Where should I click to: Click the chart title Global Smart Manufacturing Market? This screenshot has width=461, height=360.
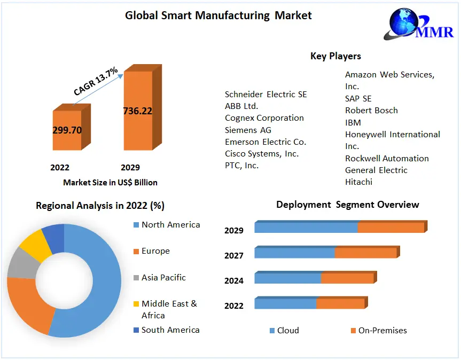tap(218, 15)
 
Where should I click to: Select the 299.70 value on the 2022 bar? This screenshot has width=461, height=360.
tap(67, 130)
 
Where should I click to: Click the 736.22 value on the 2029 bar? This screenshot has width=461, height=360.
tap(138, 111)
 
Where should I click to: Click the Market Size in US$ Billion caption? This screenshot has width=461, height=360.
tap(110, 183)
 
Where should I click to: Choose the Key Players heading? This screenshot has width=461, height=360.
tap(335, 56)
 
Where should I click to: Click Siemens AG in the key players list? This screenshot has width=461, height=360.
tap(248, 130)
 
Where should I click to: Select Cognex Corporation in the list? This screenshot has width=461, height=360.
tap(264, 118)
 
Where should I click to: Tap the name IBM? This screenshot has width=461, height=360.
tap(353, 122)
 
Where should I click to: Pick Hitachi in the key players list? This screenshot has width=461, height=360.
tap(359, 182)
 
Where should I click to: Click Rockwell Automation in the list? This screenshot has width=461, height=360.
tap(387, 158)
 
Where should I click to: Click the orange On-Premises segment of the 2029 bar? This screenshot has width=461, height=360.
tap(390, 228)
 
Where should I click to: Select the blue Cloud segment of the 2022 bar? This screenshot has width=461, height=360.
tap(285, 303)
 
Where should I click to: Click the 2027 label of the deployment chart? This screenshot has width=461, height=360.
tap(234, 256)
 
